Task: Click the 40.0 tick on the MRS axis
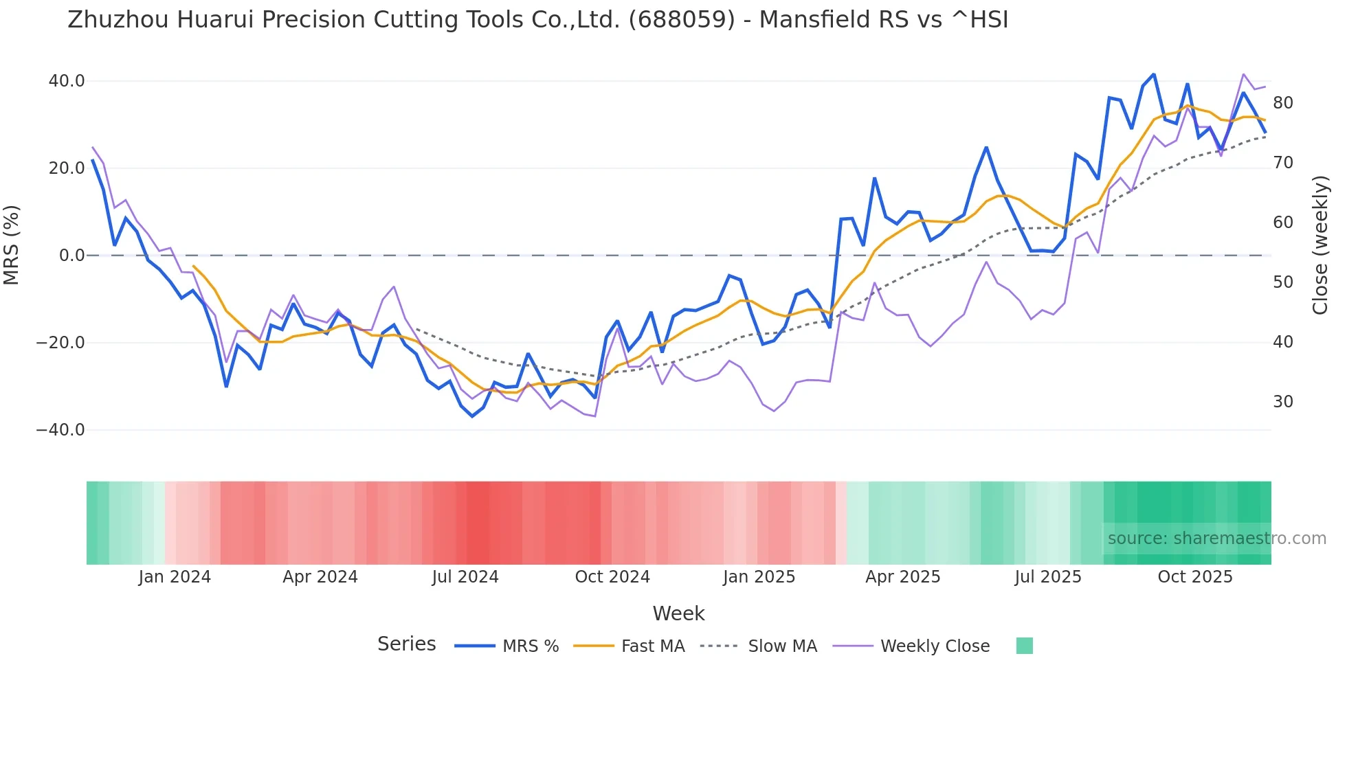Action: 67,81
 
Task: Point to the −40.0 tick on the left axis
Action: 60,430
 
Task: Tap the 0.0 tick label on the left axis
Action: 72,256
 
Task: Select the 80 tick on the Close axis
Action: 1282,103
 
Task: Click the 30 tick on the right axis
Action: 1282,402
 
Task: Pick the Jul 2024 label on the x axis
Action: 465,577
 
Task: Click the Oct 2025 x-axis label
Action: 1195,577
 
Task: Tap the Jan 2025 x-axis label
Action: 759,577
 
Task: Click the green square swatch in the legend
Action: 1024,646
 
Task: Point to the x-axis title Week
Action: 678,613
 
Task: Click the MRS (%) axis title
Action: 12,245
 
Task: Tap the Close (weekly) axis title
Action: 1320,245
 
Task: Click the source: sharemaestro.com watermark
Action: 1216,539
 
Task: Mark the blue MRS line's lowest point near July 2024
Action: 472,416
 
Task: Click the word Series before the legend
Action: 406,644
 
